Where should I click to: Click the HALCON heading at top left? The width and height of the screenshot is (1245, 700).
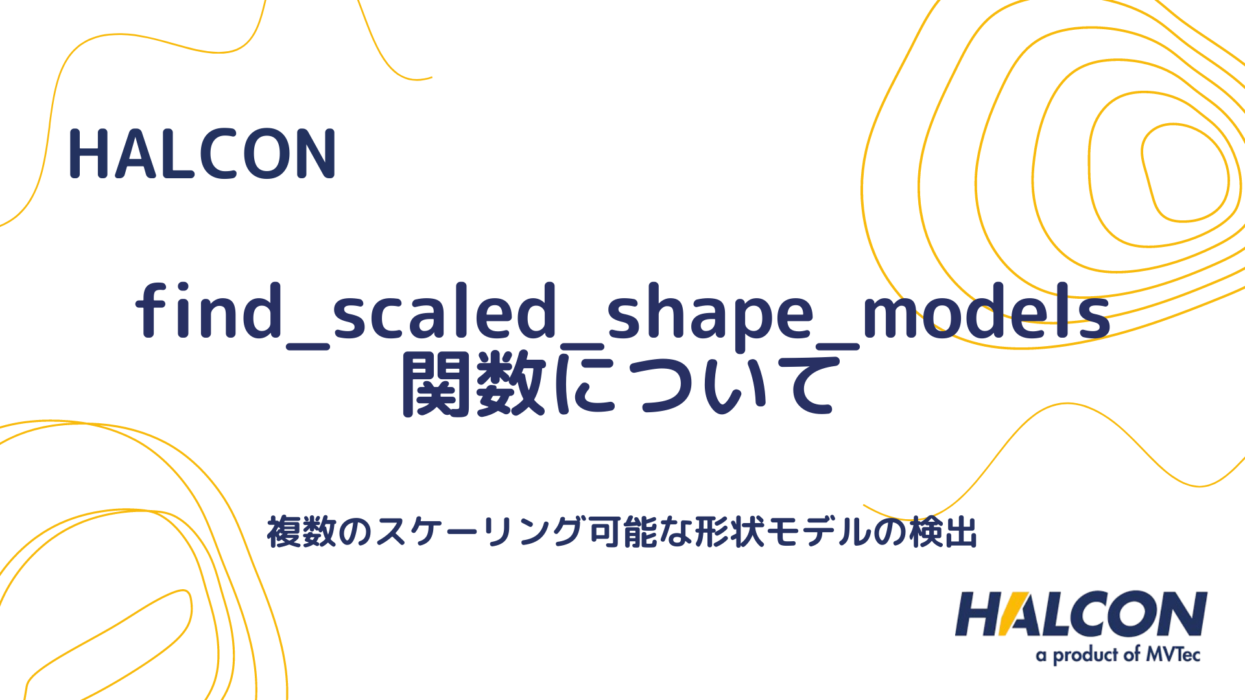(x=202, y=154)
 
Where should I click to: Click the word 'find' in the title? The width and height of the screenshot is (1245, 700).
(x=209, y=311)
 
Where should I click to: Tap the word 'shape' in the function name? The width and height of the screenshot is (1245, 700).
(x=711, y=314)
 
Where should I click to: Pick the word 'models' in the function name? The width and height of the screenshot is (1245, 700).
(x=986, y=311)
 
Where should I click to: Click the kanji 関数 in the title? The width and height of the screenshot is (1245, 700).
(x=474, y=384)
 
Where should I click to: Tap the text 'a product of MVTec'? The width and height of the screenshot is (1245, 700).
(x=1118, y=655)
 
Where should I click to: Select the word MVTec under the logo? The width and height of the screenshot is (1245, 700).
(x=1173, y=654)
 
